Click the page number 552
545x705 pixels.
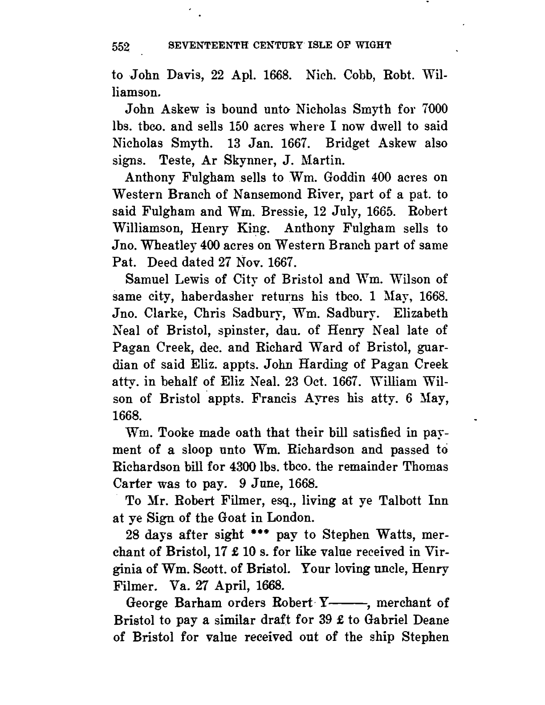(x=120, y=46)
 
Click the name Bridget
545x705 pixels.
(x=350, y=144)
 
